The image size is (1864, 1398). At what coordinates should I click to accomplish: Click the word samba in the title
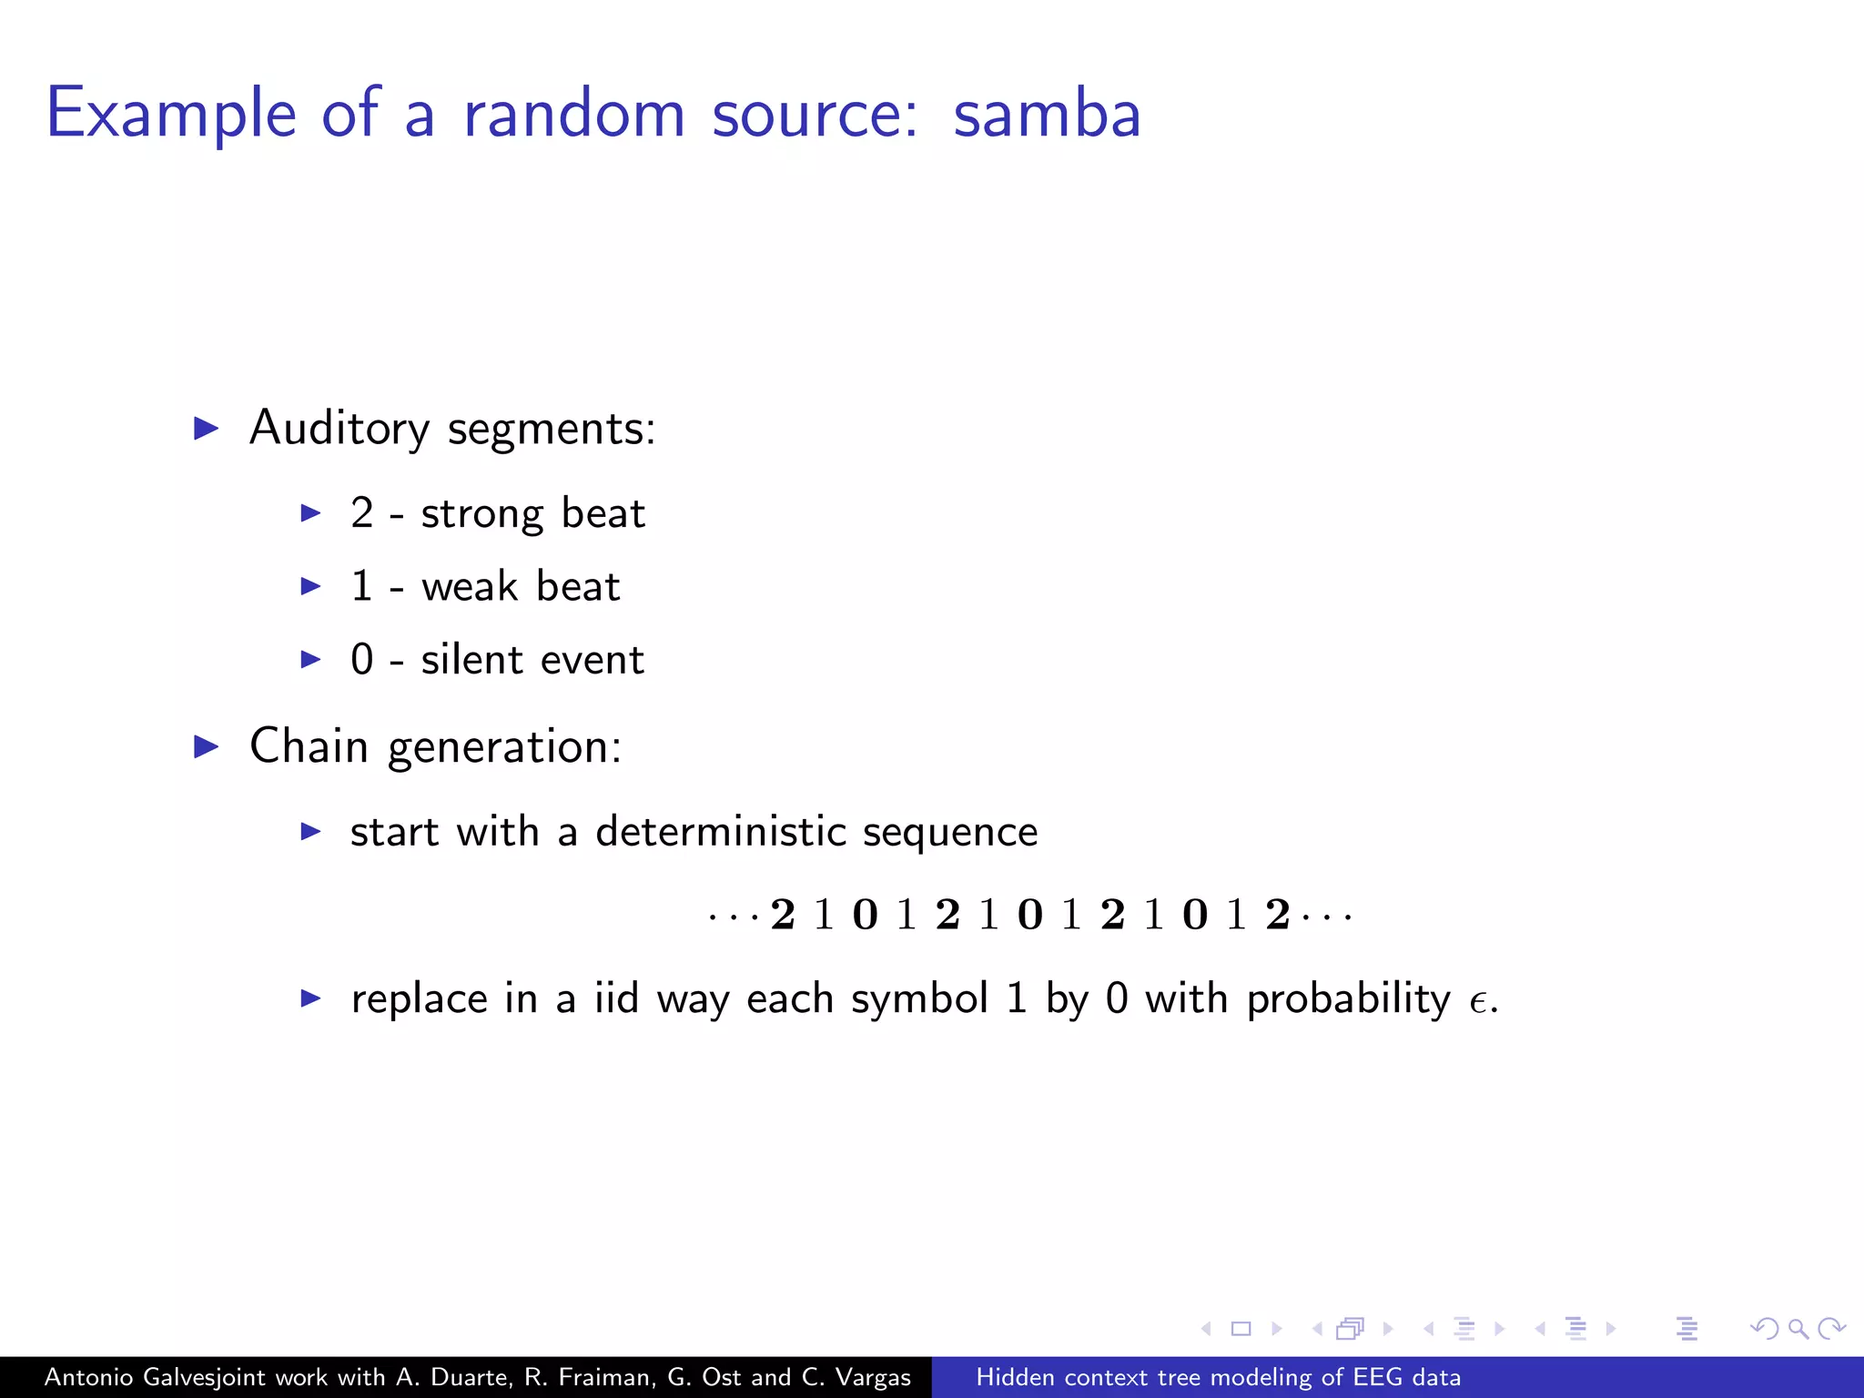point(1047,115)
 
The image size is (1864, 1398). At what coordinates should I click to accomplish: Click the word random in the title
point(573,115)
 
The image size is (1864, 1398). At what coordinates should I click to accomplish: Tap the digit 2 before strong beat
point(362,513)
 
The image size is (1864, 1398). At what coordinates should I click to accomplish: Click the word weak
point(469,586)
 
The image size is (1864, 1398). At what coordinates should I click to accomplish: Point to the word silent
point(471,659)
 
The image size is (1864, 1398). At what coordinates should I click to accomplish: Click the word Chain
point(309,747)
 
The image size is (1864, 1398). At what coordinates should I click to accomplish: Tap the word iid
point(616,998)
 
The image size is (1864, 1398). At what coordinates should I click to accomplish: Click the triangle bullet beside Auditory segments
point(207,428)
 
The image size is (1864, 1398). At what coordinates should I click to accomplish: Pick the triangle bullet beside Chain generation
point(207,746)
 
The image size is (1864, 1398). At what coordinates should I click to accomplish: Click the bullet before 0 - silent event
point(310,659)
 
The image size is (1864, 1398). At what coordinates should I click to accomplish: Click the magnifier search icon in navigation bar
point(1798,1329)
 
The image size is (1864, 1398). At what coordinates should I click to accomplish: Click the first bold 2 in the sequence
point(783,915)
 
